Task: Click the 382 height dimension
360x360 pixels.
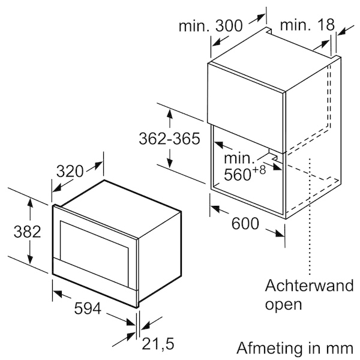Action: [x=27, y=232]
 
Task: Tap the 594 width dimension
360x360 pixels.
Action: [x=88, y=308]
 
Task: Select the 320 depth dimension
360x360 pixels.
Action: [x=70, y=171]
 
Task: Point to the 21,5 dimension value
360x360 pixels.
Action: [x=158, y=344]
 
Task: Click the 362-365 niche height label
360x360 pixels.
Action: [x=169, y=139]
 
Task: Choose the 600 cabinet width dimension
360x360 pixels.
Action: [x=245, y=223]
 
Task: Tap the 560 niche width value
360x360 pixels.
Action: [x=237, y=175]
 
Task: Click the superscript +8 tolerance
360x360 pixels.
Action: [x=258, y=170]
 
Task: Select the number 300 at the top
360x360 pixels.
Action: [x=229, y=26]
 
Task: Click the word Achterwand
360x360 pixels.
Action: [x=309, y=286]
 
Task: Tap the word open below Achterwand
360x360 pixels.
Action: [x=283, y=304]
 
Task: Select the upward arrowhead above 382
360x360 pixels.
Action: [x=30, y=203]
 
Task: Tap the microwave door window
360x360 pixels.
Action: [x=94, y=253]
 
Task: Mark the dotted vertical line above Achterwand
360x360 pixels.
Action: [x=310, y=217]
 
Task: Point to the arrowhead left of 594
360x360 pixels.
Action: [x=58, y=293]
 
